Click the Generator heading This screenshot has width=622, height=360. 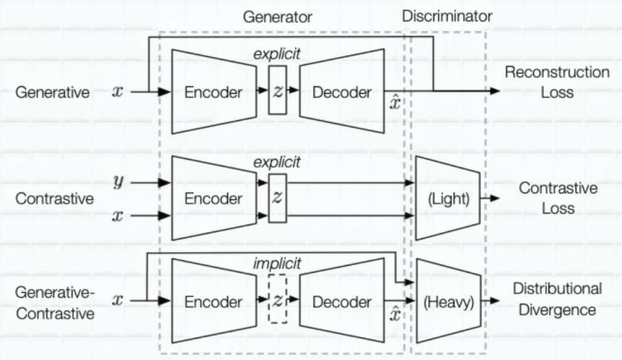coord(277,17)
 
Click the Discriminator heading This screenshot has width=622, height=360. coord(447,16)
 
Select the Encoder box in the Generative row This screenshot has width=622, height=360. coord(214,92)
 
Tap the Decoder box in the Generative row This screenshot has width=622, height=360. coord(342,91)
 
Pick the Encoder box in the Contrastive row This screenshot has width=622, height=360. coord(214,198)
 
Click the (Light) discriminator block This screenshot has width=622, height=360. coord(448,198)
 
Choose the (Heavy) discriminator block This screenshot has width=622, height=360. coord(448,301)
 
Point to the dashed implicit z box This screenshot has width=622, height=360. coord(278,299)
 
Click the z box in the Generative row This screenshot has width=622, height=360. coord(278,90)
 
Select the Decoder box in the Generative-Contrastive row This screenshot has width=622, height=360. coord(342,301)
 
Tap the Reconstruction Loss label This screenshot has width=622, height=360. coord(557,82)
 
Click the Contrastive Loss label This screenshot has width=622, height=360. coord(558,198)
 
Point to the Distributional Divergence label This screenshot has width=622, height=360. coord(558,299)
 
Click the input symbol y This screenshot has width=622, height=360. coord(118,182)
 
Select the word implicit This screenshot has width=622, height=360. coord(277,264)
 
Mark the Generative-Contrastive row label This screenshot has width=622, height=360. coord(55,303)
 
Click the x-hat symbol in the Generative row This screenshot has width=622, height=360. coord(395,103)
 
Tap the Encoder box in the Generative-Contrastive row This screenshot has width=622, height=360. coord(214,301)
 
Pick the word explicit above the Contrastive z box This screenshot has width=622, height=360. coord(277,162)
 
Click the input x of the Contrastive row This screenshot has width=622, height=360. coord(117,215)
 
